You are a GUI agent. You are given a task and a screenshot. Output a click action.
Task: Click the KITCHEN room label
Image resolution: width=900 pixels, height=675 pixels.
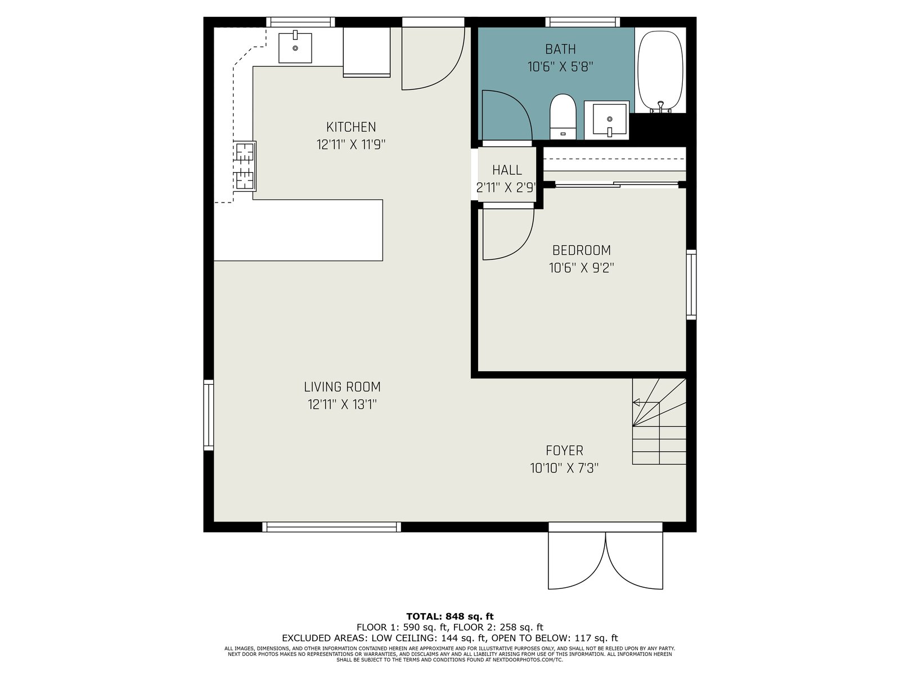(351, 127)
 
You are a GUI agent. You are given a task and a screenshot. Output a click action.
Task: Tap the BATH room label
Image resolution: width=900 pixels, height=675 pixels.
(560, 49)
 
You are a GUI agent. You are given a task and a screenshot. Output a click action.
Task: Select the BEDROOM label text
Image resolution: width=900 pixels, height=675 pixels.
(582, 250)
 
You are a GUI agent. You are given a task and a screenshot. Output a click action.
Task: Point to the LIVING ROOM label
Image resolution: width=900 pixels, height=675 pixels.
(343, 387)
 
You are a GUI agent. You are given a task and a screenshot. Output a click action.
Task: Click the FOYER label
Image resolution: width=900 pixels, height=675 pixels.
(564, 451)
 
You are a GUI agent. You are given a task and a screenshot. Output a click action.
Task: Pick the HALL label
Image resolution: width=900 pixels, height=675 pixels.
(507, 170)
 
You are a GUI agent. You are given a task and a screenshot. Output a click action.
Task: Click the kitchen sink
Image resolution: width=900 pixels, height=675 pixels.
(295, 47)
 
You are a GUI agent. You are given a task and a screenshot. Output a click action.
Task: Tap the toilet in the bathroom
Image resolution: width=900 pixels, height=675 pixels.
(562, 117)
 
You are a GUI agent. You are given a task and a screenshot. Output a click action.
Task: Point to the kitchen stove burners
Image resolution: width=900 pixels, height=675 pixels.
(245, 166)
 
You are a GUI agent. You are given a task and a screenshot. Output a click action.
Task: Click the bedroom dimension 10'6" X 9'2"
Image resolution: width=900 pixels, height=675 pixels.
(582, 268)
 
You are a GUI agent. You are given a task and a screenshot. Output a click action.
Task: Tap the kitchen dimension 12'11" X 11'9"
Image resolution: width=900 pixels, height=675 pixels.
(351, 145)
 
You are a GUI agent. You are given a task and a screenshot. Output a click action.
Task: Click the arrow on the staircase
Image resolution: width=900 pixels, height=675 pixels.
(646, 402)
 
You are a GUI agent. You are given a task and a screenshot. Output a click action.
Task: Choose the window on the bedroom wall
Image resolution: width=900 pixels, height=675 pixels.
(691, 285)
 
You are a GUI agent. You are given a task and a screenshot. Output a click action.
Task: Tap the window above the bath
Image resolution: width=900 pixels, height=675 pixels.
(582, 22)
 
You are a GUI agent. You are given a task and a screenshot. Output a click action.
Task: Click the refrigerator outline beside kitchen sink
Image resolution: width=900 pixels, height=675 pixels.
(367, 52)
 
